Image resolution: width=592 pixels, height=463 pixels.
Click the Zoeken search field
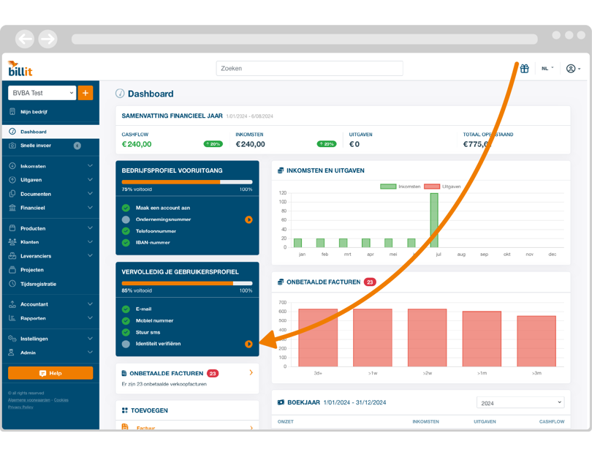point(309,69)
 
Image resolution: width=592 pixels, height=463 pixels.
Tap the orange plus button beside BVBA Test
point(86,93)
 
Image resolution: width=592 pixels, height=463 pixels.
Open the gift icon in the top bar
point(524,69)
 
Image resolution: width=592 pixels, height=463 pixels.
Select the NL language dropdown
point(547,69)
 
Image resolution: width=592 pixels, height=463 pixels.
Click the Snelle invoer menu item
point(36,146)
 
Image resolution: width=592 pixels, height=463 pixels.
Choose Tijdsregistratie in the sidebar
point(38,284)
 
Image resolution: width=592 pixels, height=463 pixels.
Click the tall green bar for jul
point(434,220)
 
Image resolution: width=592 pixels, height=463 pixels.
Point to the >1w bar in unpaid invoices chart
point(373,337)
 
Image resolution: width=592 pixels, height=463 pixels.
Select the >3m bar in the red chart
point(536,341)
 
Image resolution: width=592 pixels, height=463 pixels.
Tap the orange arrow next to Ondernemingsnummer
point(248,219)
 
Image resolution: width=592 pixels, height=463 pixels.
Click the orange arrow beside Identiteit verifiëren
point(248,344)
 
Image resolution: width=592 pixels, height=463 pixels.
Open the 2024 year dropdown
point(520,402)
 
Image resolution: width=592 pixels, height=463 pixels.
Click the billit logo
point(20,69)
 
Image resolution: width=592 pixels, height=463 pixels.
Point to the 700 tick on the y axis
point(282,301)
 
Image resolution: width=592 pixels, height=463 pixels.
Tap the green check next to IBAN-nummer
point(126,243)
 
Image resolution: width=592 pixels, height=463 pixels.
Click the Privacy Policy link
point(20,407)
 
